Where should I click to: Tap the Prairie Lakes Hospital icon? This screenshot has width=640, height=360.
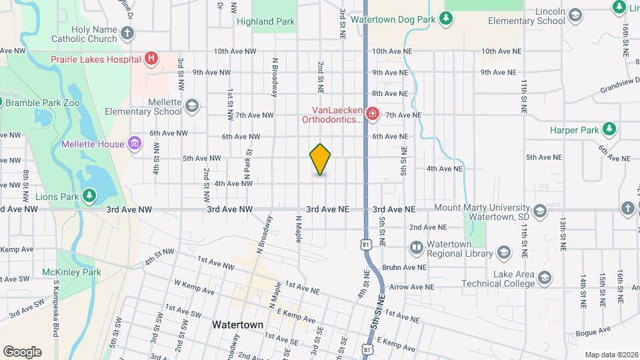pyautogui.click(x=152, y=59)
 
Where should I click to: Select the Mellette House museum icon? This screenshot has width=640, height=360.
pyautogui.click(x=135, y=143)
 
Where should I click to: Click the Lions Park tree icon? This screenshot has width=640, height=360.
pyautogui.click(x=89, y=195)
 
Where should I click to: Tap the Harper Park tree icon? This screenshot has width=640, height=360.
pyautogui.click(x=608, y=129)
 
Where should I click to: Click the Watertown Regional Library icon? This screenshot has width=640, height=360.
pyautogui.click(x=417, y=249)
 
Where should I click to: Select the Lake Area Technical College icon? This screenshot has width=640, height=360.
pyautogui.click(x=545, y=279)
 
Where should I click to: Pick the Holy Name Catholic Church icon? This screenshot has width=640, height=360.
pyautogui.click(x=127, y=33)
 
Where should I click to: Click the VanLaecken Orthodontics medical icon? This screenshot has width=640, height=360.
pyautogui.click(x=373, y=115)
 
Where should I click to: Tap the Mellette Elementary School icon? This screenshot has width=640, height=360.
pyautogui.click(x=192, y=106)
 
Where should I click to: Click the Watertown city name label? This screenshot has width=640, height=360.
pyautogui.click(x=237, y=325)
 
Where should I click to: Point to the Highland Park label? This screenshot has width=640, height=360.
pyautogui.click(x=265, y=21)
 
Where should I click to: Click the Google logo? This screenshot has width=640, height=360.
pyautogui.click(x=22, y=351)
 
